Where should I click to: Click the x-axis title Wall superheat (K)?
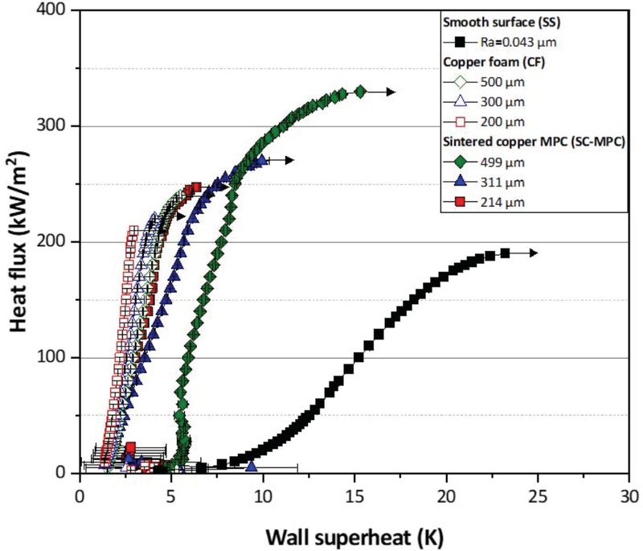(354, 532)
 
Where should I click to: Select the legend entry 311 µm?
(500, 184)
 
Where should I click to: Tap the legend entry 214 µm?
(500, 203)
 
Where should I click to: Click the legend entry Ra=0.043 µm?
(514, 42)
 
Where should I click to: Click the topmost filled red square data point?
(196, 187)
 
